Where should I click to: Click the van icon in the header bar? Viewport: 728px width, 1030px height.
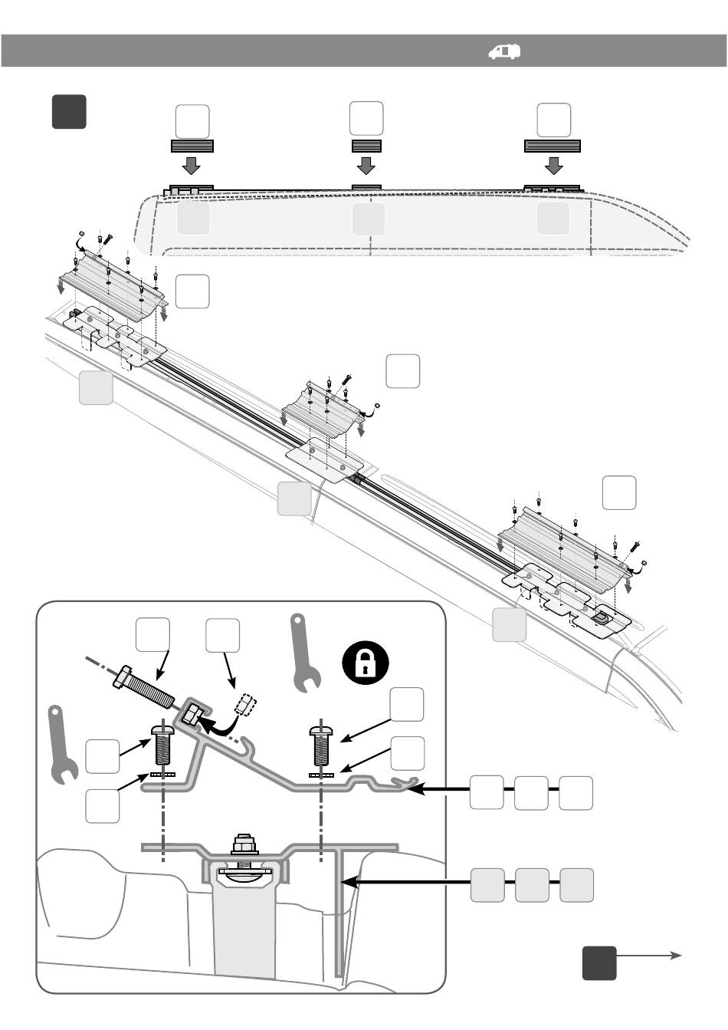(504, 51)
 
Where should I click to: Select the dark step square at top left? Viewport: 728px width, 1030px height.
(69, 111)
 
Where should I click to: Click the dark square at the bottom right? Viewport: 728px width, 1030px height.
(598, 963)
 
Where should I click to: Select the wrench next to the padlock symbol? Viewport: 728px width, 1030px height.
(304, 652)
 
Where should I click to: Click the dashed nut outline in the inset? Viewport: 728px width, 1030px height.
(246, 704)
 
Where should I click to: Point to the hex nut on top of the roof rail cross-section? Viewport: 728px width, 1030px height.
(244, 846)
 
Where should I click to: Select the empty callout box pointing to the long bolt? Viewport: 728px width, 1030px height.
(152, 636)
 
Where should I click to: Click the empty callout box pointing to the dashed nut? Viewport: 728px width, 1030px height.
(222, 636)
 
